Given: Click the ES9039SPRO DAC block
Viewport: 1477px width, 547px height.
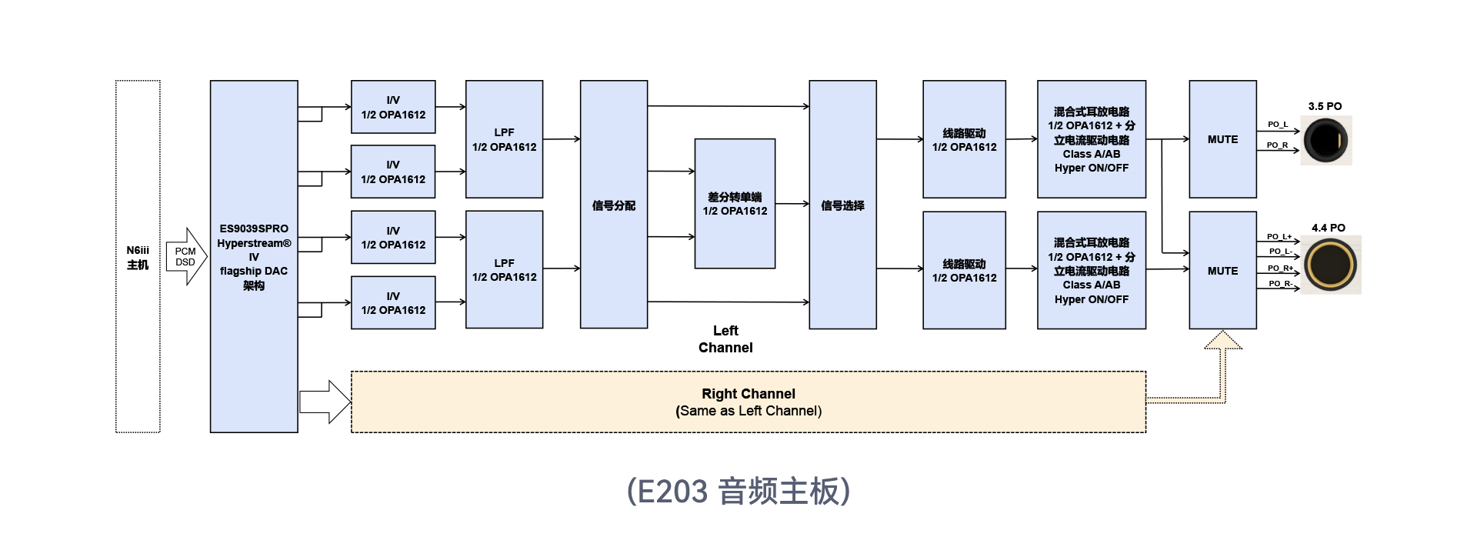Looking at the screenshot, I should point(254,256).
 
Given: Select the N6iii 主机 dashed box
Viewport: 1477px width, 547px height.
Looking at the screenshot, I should point(138,256).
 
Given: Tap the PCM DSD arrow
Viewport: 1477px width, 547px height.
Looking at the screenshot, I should point(186,256).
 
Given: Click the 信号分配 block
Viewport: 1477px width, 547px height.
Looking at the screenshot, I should point(613,205).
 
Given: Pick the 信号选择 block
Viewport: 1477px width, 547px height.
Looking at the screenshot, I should point(842,205).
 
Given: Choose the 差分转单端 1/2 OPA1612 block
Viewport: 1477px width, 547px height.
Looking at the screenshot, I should point(735,204).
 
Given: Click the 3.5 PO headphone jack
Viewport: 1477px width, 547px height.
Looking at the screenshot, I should point(1325,140).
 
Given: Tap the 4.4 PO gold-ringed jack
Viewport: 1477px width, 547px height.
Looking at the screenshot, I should point(1330,265).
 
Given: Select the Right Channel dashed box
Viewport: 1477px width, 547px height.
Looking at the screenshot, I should point(748,402).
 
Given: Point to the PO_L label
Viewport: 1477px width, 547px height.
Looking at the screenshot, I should point(1277,124).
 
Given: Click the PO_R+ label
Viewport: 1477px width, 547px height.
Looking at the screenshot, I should point(1280,268).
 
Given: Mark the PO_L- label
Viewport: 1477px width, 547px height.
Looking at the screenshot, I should point(1280,252).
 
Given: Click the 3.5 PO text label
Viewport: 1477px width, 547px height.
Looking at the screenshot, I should point(1325,106).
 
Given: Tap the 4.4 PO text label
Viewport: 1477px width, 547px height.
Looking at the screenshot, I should point(1328,228).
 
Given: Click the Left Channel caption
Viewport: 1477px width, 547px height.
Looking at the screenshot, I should point(725,339).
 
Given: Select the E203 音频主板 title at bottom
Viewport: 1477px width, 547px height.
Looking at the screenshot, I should point(738,491).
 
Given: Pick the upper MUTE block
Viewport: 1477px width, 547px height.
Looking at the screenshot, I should point(1222,139).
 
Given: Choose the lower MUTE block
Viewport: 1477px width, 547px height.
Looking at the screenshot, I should point(1222,271).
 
